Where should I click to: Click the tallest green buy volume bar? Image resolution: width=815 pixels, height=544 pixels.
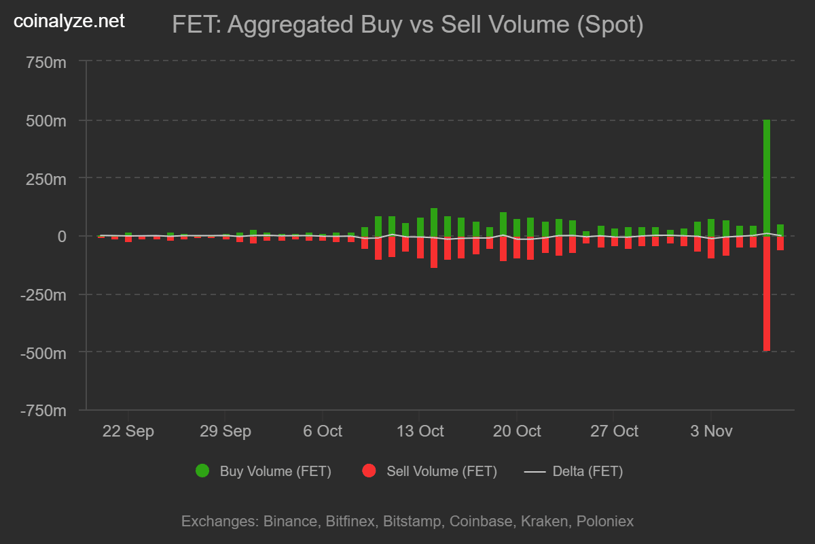[x=767, y=177]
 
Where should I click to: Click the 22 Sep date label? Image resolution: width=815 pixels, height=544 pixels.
[x=128, y=431]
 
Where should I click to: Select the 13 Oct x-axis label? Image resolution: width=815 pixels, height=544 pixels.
[x=420, y=431]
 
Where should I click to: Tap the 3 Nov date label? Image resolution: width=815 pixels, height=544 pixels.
[x=711, y=431]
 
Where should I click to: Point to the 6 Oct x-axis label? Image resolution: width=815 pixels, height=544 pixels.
[x=322, y=431]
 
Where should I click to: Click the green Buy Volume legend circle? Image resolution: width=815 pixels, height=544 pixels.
[x=202, y=471]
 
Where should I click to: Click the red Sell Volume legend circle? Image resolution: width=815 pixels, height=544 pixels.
[x=369, y=471]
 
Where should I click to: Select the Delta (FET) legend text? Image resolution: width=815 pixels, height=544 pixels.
[x=587, y=471]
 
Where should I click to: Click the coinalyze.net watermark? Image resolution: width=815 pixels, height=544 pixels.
[x=69, y=21]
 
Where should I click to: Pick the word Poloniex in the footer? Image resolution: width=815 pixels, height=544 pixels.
[x=604, y=522]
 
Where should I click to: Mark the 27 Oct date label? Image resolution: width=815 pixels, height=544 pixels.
[x=614, y=431]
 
